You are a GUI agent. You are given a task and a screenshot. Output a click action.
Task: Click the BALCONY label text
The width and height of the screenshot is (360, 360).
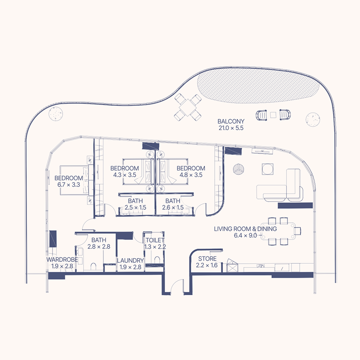pyautogui.click(x=230, y=121)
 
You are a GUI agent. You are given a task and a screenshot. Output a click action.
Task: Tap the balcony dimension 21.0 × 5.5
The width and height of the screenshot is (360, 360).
pyautogui.click(x=230, y=128)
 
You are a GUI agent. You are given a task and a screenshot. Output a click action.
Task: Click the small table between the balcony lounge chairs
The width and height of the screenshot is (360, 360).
pyautogui.click(x=273, y=116)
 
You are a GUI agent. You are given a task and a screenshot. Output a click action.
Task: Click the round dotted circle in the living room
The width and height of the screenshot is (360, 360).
pyautogui.click(x=238, y=170)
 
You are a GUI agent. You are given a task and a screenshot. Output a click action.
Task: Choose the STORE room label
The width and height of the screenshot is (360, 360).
pyautogui.click(x=207, y=259)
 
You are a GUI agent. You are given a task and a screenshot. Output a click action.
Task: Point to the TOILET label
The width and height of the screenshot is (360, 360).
pyautogui.click(x=154, y=240)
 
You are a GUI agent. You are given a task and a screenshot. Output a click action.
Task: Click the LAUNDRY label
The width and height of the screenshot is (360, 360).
pyautogui.click(x=130, y=261)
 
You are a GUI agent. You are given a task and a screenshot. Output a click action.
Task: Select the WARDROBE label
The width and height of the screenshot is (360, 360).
pyautogui.click(x=62, y=260)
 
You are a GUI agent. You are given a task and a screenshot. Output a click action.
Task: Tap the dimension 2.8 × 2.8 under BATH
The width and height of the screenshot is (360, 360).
pyautogui.click(x=98, y=247)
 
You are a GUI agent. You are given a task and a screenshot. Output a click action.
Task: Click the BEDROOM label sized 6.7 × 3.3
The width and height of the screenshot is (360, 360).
pyautogui.click(x=69, y=178)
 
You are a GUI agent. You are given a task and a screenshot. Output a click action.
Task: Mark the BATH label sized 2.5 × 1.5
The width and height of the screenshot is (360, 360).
pyautogui.click(x=136, y=201)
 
